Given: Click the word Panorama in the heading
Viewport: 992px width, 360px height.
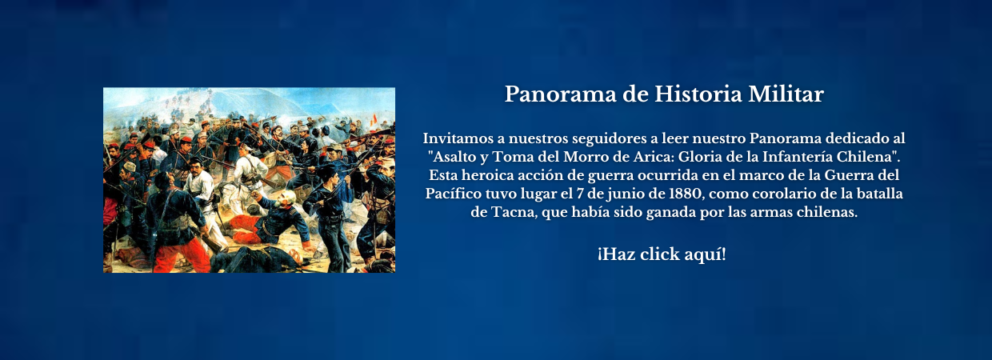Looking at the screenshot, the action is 560,94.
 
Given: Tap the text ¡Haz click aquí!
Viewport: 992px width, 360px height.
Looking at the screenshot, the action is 662,254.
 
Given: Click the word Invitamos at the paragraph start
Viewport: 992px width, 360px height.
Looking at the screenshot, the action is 458,138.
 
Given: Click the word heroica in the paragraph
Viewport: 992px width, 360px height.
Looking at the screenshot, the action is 486,175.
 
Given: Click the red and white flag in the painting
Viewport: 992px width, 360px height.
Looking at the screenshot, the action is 374,119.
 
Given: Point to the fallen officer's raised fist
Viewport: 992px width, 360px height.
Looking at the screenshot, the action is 255,195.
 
